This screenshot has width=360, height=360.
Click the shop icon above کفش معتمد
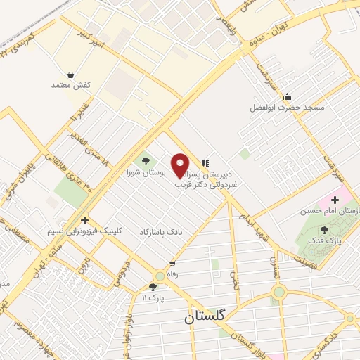click(x=71, y=74)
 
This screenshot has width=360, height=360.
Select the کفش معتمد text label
click(x=71, y=85)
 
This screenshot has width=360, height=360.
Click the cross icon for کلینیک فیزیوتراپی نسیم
click(x=84, y=220)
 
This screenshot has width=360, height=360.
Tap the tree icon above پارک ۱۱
click(x=153, y=286)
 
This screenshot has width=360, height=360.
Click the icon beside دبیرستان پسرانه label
click(x=206, y=164)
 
